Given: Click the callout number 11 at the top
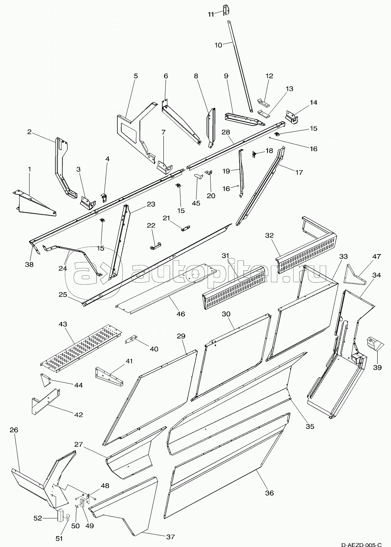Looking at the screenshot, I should [x=211, y=14].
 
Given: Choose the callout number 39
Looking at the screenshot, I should [x=378, y=367].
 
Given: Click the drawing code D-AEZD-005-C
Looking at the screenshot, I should [x=361, y=542].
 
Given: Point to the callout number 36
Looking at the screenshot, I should [x=269, y=493].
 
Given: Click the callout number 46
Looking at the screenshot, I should [x=180, y=314].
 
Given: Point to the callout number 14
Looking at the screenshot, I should [x=313, y=103].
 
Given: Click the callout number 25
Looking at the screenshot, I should [x=63, y=295].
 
